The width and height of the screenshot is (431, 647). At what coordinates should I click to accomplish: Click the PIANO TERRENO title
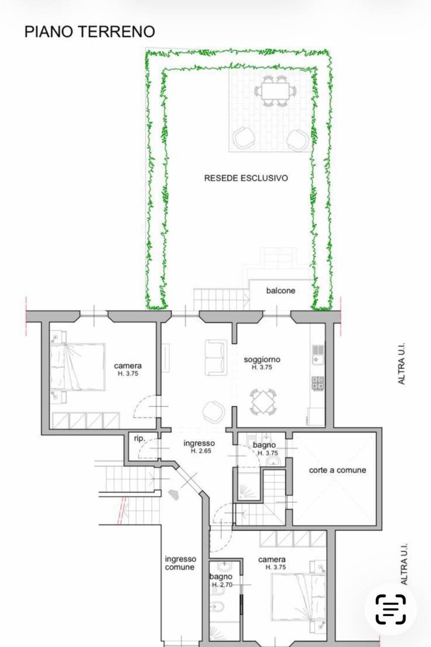(x=90, y=31)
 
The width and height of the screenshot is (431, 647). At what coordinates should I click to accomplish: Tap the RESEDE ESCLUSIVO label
(x=246, y=178)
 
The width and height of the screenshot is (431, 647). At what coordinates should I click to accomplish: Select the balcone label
(x=281, y=291)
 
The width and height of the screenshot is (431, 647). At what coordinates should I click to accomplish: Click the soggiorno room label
(x=262, y=360)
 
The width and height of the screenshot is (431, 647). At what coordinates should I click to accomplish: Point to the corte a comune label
(x=337, y=470)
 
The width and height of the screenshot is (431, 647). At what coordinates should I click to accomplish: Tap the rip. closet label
(x=140, y=439)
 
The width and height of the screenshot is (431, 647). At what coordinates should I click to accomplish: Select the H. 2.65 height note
(x=201, y=451)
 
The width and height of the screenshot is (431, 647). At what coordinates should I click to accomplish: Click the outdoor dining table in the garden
(x=275, y=91)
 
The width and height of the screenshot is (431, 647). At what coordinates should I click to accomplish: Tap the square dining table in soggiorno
(x=263, y=402)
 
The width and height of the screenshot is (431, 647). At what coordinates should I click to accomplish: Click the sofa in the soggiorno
(x=215, y=358)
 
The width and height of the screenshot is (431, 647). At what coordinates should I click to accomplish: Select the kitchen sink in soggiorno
(x=318, y=355)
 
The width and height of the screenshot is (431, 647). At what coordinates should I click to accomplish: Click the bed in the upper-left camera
(x=78, y=367)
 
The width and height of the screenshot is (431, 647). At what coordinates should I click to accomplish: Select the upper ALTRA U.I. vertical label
(x=401, y=363)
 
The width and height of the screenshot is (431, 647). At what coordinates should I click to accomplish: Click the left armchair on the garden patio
(x=244, y=138)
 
